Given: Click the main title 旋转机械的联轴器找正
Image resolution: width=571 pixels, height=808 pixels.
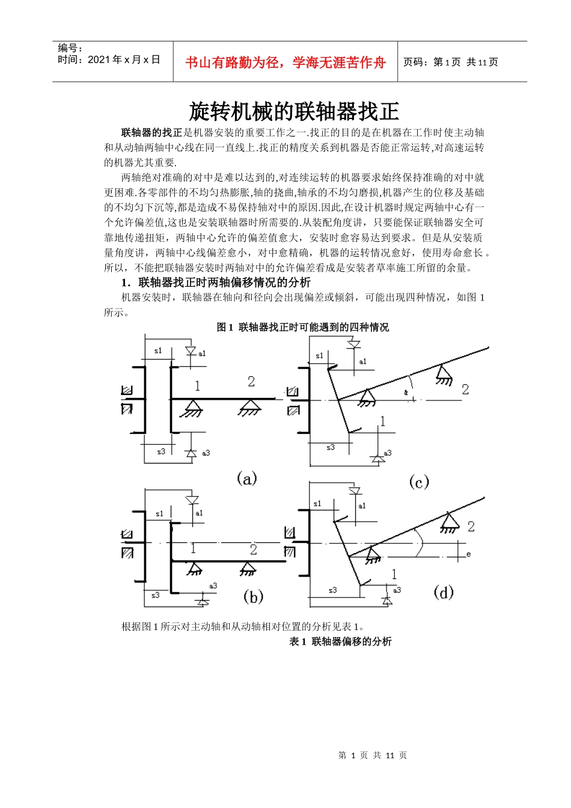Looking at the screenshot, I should (x=294, y=111).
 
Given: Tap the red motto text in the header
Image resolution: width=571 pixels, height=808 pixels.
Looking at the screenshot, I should (x=285, y=63).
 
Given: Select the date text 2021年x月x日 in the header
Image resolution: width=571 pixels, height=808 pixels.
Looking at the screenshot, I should (x=109, y=60).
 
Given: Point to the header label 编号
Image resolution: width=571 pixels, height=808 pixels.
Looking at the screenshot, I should (x=70, y=48).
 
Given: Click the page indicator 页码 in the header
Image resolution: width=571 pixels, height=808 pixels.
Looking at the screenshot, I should (x=450, y=62).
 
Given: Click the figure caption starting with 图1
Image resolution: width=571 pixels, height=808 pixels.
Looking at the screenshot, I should (x=302, y=327).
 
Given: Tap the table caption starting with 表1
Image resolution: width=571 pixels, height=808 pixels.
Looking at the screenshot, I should (x=340, y=641).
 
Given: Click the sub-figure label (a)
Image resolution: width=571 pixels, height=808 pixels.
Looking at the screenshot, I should (x=247, y=479).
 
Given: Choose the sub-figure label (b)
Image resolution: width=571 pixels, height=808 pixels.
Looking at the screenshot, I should (x=253, y=596).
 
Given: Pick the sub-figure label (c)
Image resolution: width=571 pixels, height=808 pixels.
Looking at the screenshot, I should (x=419, y=482).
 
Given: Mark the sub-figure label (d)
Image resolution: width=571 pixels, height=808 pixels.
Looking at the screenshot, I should (x=444, y=592).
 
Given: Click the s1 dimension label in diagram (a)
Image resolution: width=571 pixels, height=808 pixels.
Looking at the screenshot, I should (x=158, y=350).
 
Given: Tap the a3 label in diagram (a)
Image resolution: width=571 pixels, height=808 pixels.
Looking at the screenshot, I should (x=206, y=453).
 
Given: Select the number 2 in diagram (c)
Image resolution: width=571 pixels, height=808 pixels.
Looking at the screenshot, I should (x=465, y=389).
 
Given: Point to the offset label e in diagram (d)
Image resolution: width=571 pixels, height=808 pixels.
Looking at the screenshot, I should (x=469, y=554).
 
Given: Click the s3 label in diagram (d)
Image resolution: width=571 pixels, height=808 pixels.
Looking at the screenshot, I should (x=332, y=590).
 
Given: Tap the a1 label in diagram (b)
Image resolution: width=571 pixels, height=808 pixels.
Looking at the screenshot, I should (x=199, y=513).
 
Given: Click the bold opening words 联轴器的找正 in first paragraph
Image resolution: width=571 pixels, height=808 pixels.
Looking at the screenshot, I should (x=151, y=132).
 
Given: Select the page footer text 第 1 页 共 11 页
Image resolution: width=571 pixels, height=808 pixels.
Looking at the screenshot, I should (x=373, y=755).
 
